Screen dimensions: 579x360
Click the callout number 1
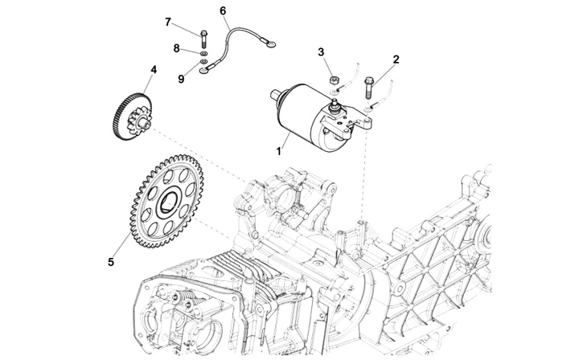[x=279, y=151]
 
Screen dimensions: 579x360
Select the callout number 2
[x=396, y=59]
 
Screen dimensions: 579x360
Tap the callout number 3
[x=321, y=52]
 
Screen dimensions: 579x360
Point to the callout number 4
[x=154, y=69]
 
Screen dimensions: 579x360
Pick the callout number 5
[x=111, y=262]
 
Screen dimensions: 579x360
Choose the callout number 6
[x=223, y=11]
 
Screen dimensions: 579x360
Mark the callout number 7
[x=168, y=22]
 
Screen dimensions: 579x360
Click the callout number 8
[x=176, y=48]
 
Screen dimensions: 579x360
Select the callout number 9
[x=181, y=79]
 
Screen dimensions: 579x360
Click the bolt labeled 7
[x=203, y=39]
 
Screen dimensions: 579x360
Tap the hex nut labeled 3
[x=335, y=80]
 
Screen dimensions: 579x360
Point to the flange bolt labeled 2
[x=368, y=87]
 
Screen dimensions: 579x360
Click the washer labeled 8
[x=203, y=54]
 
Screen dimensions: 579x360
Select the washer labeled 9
[x=203, y=61]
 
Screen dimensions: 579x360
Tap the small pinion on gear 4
[x=139, y=121]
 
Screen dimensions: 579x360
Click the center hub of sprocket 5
[x=170, y=202]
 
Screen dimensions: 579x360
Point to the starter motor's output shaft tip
[x=274, y=95]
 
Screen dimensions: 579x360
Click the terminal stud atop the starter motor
[x=335, y=104]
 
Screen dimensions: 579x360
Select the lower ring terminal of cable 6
[x=203, y=70]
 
